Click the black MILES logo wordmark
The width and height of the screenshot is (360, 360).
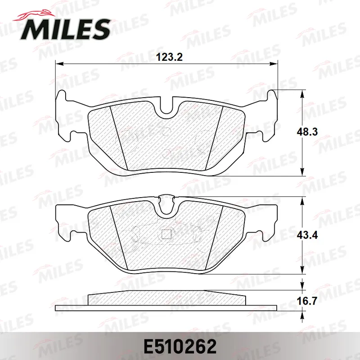(x=65, y=30)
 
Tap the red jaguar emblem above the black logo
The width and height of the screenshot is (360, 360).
(x=35, y=15)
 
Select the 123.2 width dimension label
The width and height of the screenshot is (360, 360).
(x=169, y=57)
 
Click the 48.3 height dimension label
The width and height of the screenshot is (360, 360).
(x=307, y=132)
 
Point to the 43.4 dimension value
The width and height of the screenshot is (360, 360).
(x=307, y=235)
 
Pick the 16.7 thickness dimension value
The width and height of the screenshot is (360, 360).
(x=307, y=301)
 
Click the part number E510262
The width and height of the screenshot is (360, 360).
(x=180, y=346)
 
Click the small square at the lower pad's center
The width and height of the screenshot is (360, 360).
(x=166, y=234)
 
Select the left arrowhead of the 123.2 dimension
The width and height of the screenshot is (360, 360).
(x=59, y=63)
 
